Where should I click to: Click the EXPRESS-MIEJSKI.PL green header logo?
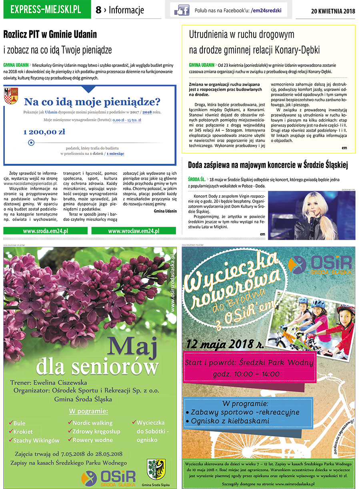pyautogui.click(x=46, y=10)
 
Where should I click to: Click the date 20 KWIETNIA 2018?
pyautogui.click(x=333, y=11)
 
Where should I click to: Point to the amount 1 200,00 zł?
pyautogui.click(x=44, y=132)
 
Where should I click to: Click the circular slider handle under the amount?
pyautogui.click(x=31, y=142)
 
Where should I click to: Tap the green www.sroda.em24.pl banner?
pyautogui.click(x=45, y=231)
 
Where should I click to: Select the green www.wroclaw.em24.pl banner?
pyautogui.click(x=134, y=231)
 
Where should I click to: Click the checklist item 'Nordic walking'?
pyautogui.click(x=92, y=423)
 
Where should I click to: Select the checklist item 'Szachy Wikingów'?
pyautogui.click(x=36, y=440)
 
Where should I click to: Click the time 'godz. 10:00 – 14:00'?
pyautogui.click(x=246, y=374)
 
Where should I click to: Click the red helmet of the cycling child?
pyautogui.click(x=345, y=310)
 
